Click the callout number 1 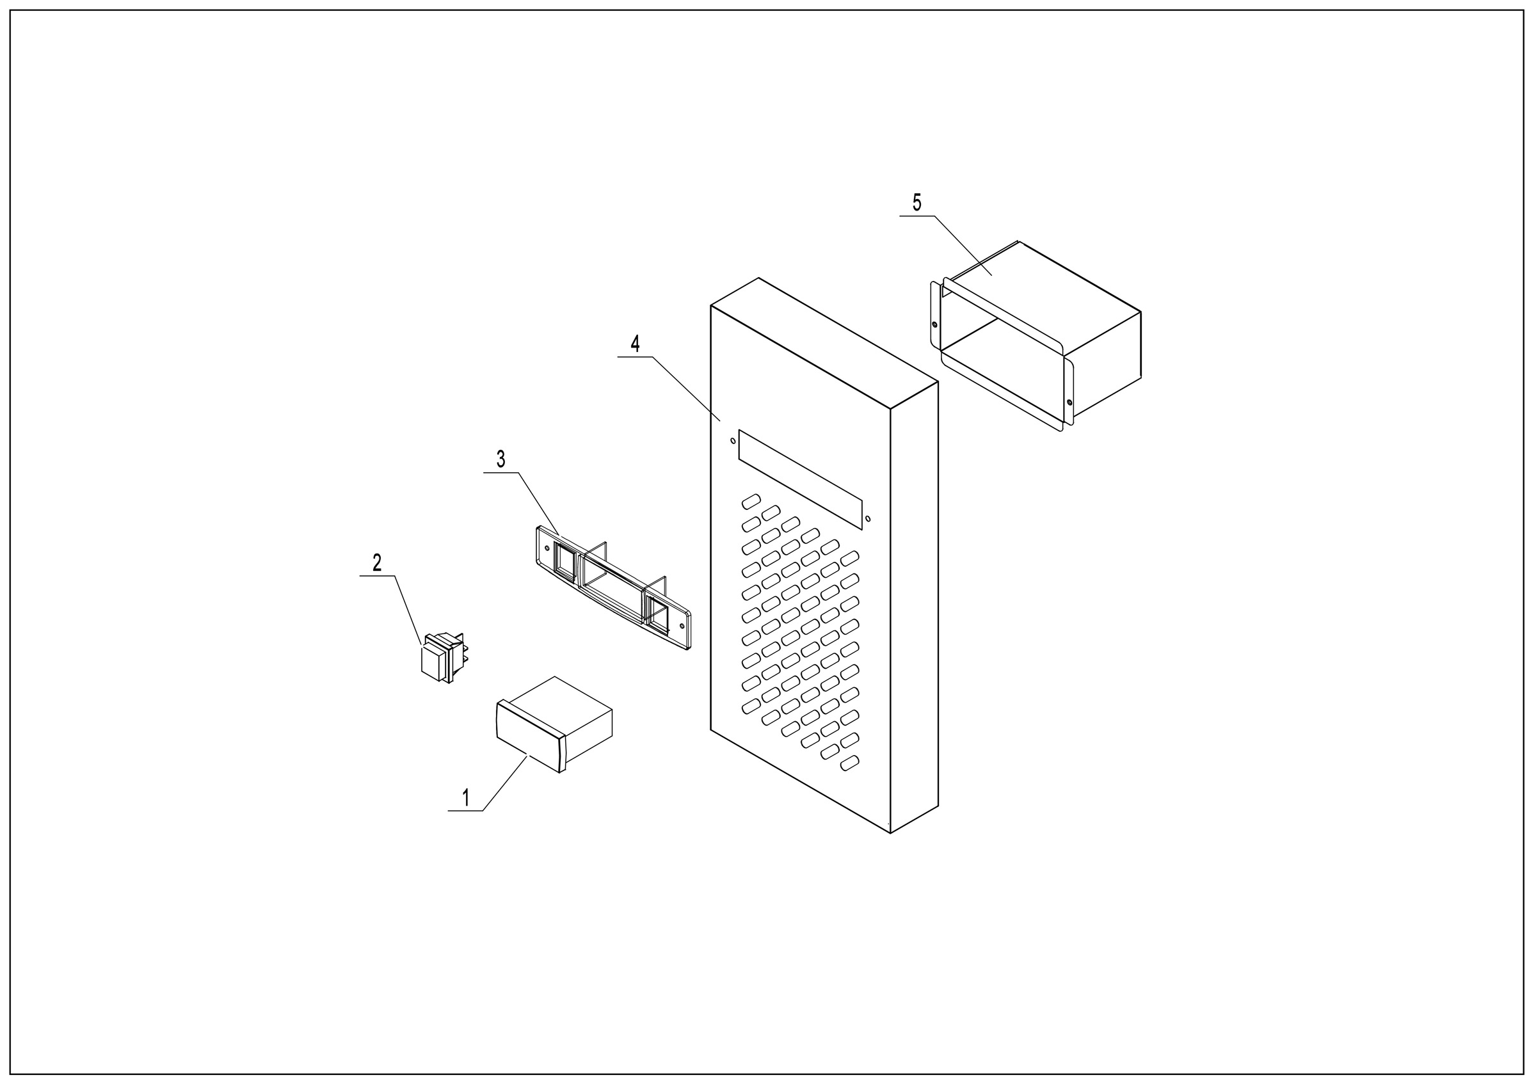(x=466, y=798)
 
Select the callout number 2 (x=378, y=562)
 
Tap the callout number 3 (x=501, y=459)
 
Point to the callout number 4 (x=635, y=344)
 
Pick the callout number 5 (x=916, y=202)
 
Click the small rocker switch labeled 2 (x=442, y=657)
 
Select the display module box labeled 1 (x=554, y=724)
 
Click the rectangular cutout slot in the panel (x=800, y=479)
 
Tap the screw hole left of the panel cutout (x=732, y=442)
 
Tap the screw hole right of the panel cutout (x=868, y=518)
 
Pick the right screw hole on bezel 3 (x=682, y=626)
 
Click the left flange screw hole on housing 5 (x=934, y=325)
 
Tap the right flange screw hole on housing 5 (x=1069, y=402)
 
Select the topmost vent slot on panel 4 (x=751, y=501)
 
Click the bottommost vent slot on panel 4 (x=850, y=763)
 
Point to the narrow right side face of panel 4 (x=915, y=607)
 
